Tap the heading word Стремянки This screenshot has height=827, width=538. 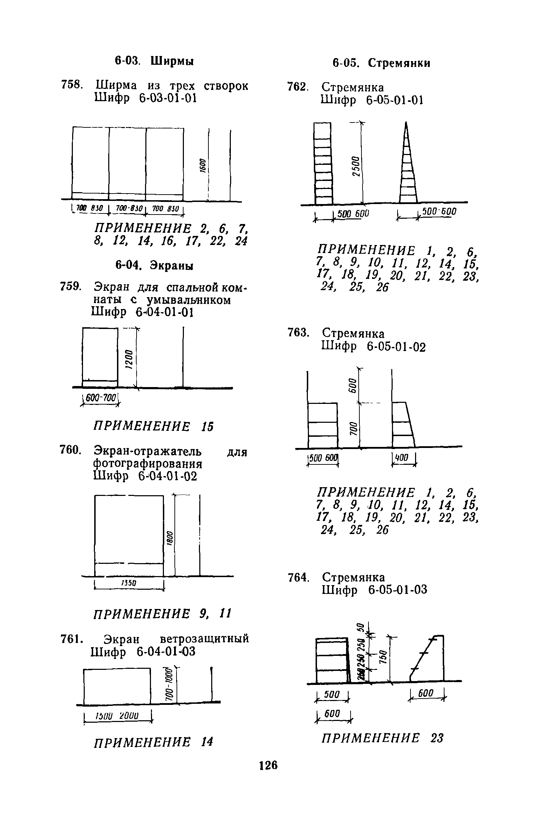coord(400,63)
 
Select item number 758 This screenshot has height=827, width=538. coord(72,85)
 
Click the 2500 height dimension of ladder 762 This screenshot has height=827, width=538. coord(355,167)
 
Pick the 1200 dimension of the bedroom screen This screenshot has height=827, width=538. coord(129,360)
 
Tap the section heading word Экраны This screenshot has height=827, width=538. coord(172,266)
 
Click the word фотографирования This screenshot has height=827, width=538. coord(148,464)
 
